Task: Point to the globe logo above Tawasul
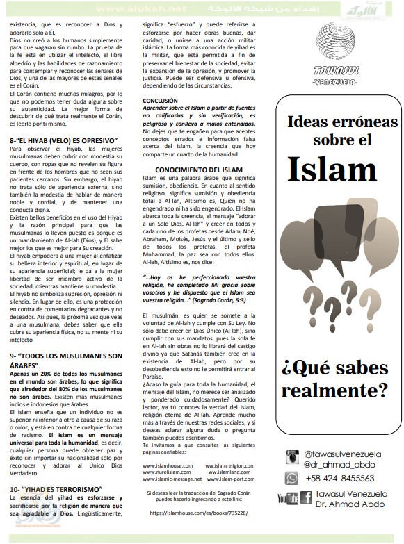[335, 42]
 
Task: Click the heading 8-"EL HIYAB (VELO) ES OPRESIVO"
[63, 141]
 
